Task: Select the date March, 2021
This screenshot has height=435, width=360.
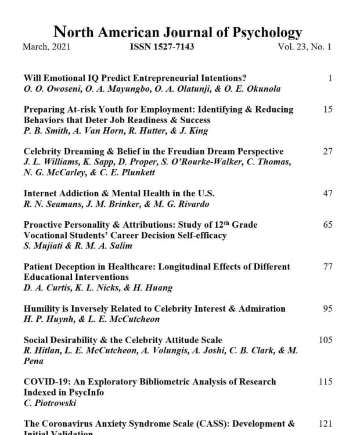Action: click(46, 47)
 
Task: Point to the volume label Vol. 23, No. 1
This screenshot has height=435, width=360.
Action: click(304, 47)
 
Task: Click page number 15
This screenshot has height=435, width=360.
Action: click(327, 109)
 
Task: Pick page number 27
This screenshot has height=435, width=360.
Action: click(327, 152)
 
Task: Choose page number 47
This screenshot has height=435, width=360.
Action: click(327, 193)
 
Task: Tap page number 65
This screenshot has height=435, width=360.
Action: click(327, 225)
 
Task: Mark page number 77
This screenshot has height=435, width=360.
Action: click(327, 267)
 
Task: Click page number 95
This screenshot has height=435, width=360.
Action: click(327, 308)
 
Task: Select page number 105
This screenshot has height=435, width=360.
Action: click(325, 340)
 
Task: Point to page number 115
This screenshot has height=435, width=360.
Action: click(325, 382)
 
